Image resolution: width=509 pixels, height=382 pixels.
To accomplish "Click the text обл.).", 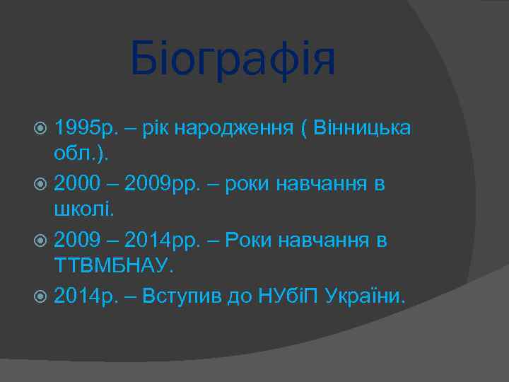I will [x=79, y=154].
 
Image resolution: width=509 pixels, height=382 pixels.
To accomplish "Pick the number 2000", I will [x=76, y=185].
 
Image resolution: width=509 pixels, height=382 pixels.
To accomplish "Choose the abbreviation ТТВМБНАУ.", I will [x=113, y=265].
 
